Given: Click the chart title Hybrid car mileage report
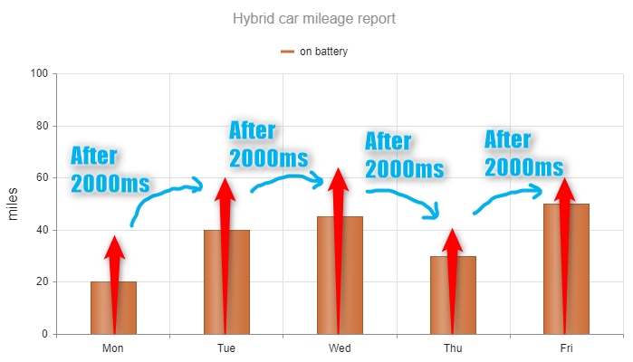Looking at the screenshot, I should [313, 18].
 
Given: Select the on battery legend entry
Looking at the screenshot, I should [314, 52].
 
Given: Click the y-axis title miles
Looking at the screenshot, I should [13, 204].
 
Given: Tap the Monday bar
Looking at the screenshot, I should [101, 308].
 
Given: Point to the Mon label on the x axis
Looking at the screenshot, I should [113, 348].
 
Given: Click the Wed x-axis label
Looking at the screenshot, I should [340, 348].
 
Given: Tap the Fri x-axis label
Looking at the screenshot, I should [566, 348].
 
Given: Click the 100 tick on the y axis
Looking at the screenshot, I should [37, 73].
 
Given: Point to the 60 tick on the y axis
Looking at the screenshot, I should [40, 177].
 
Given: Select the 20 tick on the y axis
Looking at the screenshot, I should [40, 282].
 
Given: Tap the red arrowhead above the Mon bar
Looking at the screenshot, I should [114, 246].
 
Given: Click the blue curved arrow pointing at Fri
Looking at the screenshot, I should [507, 198].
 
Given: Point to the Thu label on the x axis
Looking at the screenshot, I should [453, 348].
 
